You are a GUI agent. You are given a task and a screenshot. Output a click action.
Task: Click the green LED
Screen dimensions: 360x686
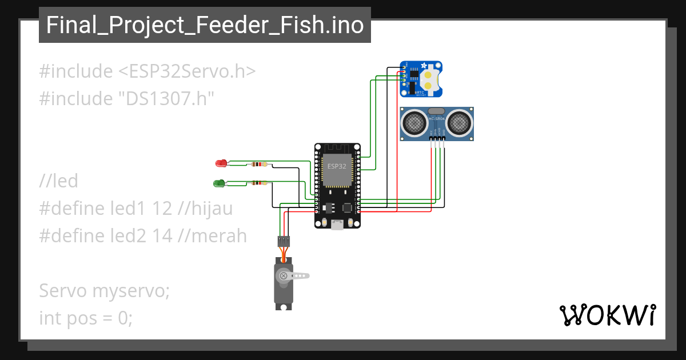tap(218, 183)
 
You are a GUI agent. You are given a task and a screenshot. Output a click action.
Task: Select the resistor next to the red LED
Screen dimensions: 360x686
tap(258, 165)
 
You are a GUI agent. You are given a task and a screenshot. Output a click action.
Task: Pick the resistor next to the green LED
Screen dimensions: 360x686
tap(258, 183)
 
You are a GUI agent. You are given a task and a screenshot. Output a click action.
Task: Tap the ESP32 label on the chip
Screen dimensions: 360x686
tap(336, 166)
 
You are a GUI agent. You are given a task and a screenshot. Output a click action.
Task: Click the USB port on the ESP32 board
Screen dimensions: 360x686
tap(338, 225)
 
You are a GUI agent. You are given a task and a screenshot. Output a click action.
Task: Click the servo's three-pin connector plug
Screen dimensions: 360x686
tap(284, 241)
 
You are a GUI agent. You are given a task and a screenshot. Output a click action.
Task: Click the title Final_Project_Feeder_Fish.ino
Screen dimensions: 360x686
tap(205, 25)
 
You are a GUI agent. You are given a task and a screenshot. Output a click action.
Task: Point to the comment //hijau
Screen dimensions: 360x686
tap(205, 209)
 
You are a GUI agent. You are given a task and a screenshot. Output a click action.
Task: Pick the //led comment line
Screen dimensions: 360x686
tap(58, 181)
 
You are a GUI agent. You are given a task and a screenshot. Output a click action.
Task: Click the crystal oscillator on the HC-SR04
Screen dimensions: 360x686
tap(436, 111)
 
